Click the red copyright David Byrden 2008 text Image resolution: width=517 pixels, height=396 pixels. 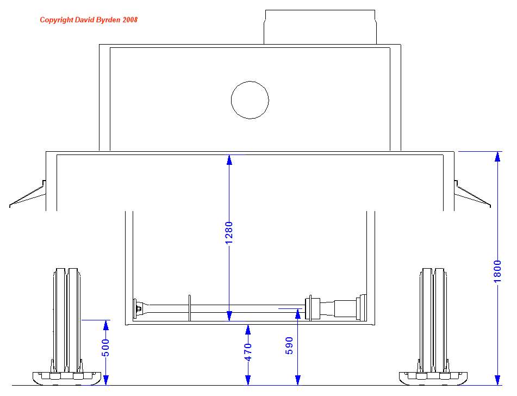(x=89, y=20)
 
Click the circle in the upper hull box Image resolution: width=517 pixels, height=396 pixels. (x=250, y=100)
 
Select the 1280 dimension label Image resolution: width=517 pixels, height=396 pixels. (x=229, y=232)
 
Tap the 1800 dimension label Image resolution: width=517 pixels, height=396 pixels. (x=497, y=271)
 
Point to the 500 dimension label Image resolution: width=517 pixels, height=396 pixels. (x=106, y=348)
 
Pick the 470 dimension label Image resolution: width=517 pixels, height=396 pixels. (x=248, y=352)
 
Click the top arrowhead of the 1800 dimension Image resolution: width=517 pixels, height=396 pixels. (x=497, y=157)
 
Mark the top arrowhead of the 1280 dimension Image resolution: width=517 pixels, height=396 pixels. (x=229, y=160)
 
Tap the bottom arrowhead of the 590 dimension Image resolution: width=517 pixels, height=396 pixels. (x=298, y=380)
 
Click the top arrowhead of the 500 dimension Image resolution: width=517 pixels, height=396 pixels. (x=106, y=325)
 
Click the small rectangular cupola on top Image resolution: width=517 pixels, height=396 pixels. (x=320, y=27)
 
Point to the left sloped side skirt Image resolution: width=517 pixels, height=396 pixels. (x=28, y=196)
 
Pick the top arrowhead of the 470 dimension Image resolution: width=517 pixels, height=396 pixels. (x=248, y=330)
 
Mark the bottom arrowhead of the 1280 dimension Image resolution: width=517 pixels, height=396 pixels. (x=229, y=316)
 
